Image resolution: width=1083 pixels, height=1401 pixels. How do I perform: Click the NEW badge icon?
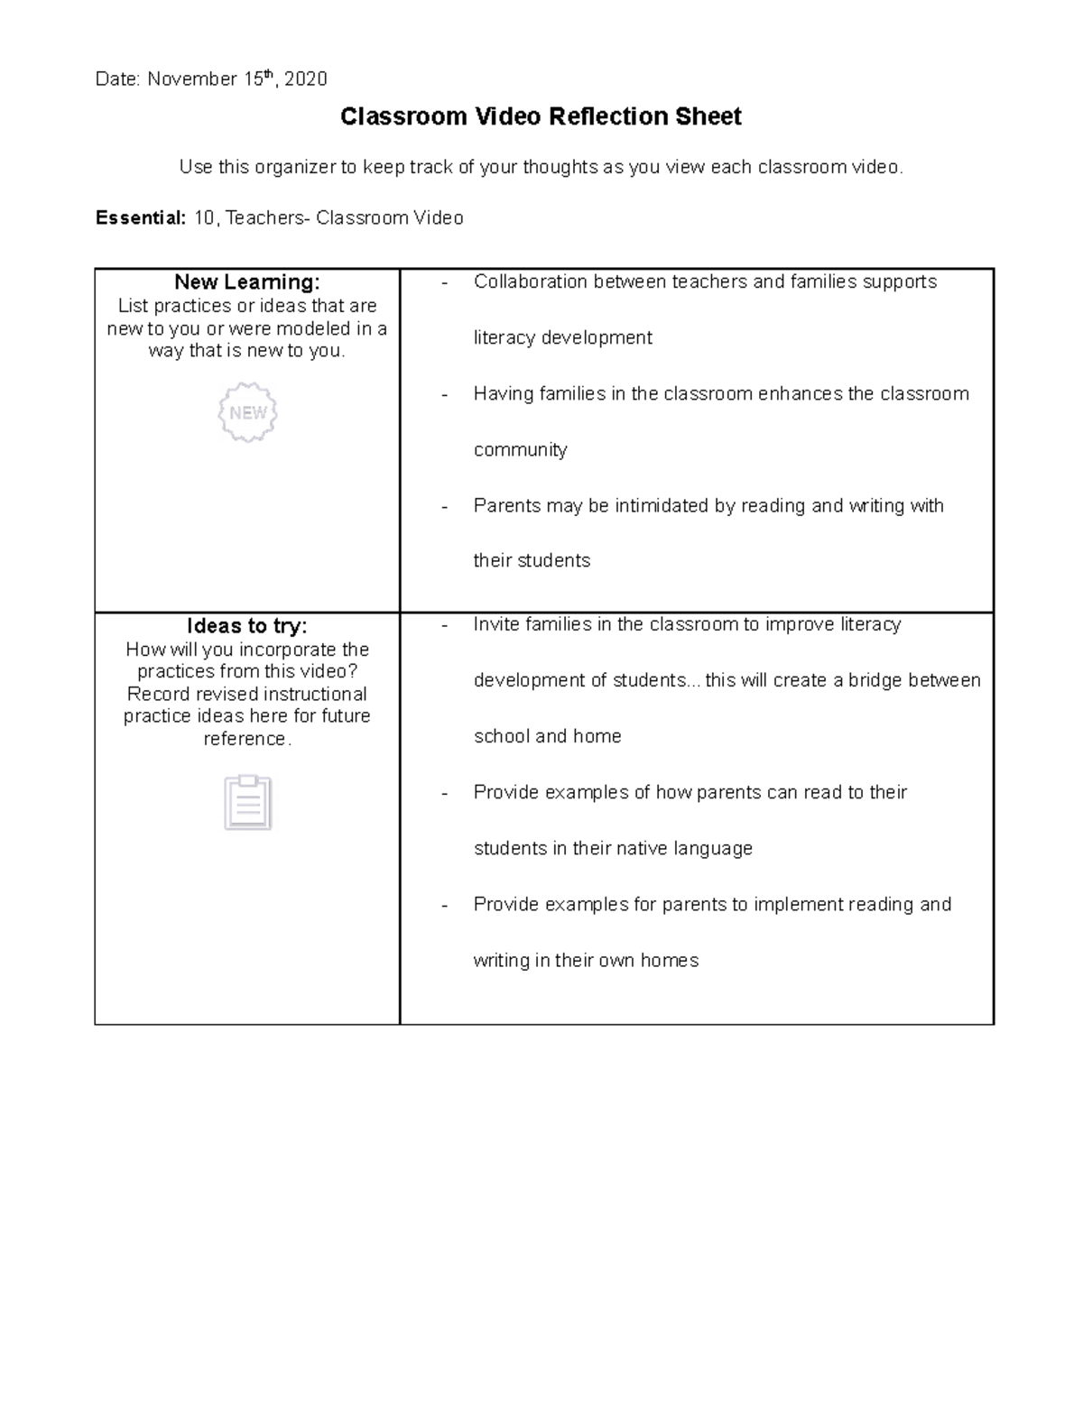[247, 412]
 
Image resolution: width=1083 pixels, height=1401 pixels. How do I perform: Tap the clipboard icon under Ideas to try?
[247, 802]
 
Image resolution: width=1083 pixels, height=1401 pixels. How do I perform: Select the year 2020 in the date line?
[305, 79]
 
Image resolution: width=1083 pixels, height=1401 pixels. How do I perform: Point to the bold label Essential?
[141, 218]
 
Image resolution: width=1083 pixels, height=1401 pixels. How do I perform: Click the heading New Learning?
[247, 282]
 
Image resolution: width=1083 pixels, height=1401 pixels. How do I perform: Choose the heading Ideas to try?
[247, 626]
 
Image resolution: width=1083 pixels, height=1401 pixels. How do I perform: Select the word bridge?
[875, 680]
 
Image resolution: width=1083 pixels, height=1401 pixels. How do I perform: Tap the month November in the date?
[191, 79]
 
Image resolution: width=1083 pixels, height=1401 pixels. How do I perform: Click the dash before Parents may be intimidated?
[444, 506]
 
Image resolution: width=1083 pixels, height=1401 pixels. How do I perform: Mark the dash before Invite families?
[444, 625]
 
